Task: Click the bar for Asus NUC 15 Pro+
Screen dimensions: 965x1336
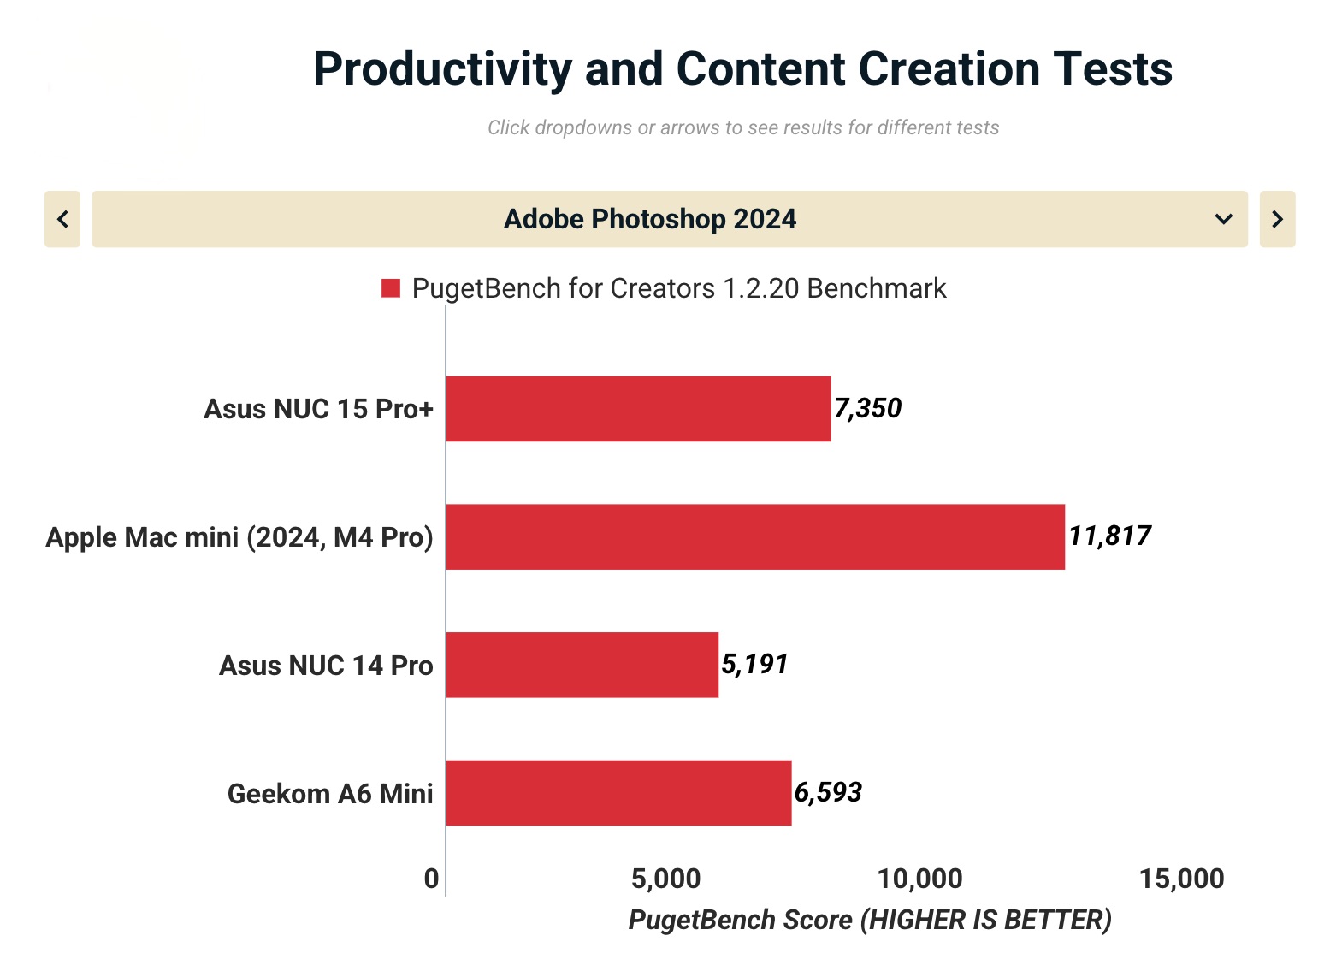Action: (638, 409)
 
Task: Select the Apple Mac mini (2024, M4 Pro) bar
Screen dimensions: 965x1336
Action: (754, 536)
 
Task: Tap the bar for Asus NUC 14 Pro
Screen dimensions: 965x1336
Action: (582, 665)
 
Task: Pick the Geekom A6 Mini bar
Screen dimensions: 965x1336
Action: (618, 793)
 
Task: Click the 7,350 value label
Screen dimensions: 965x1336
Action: (867, 408)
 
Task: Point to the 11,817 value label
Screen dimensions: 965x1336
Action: (1109, 536)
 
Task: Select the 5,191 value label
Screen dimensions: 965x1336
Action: (754, 664)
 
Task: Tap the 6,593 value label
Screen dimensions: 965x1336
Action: (828, 792)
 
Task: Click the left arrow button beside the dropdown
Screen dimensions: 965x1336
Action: (62, 219)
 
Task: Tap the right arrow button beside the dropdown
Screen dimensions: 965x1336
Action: (1277, 219)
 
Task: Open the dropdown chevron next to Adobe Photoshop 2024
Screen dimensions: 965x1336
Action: (1223, 219)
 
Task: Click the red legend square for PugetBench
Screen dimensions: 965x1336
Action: (391, 288)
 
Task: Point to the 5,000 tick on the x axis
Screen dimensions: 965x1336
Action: (665, 879)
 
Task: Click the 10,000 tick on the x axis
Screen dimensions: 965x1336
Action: (919, 879)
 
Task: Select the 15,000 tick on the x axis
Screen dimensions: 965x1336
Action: (1181, 879)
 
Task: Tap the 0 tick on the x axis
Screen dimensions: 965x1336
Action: (432, 879)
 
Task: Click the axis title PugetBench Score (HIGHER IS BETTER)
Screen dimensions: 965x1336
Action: (870, 920)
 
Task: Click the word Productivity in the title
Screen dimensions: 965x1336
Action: (441, 69)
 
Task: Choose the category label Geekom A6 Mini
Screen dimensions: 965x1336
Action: (330, 794)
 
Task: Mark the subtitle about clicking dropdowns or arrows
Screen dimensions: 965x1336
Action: (743, 127)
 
